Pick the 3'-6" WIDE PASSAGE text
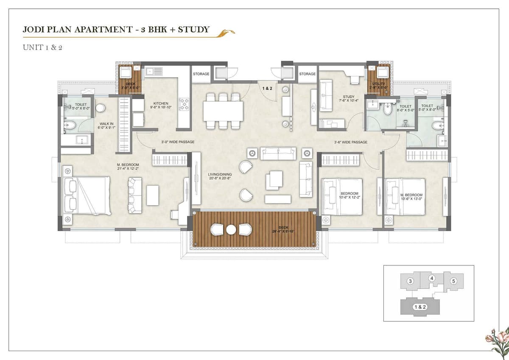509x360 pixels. (x=350, y=142)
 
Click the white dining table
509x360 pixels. (x=223, y=111)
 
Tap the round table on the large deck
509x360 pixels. (x=231, y=229)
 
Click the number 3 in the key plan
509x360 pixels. (x=410, y=281)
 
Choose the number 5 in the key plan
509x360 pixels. (x=453, y=281)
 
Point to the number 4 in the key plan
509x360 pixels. (x=432, y=278)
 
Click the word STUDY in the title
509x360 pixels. (x=193, y=29)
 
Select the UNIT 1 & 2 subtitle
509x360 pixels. (x=42, y=47)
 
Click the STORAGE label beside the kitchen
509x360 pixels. (x=201, y=74)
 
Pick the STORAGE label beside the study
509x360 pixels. (x=307, y=74)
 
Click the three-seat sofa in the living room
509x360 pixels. (x=278, y=153)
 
